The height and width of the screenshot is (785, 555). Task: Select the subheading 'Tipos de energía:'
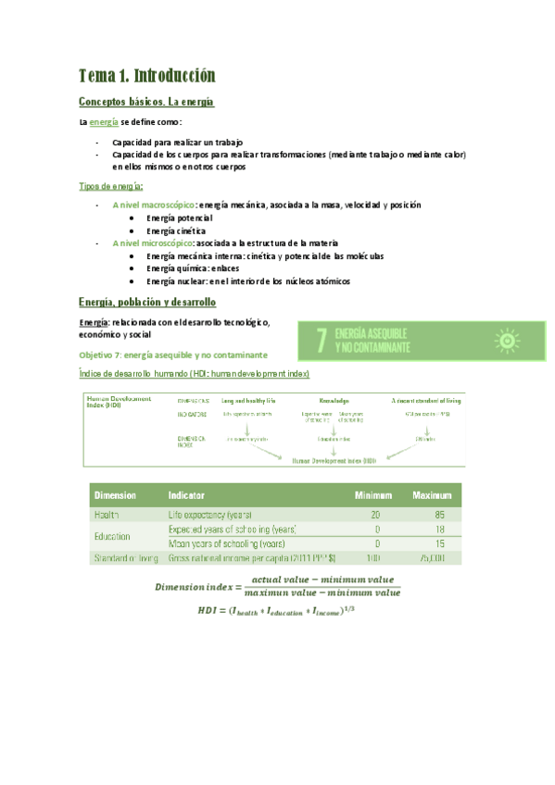tap(111, 186)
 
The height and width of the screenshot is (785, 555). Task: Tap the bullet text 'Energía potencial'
tap(179, 217)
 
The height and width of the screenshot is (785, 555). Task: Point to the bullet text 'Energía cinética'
tap(175, 230)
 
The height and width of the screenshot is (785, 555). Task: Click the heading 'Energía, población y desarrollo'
tap(147, 303)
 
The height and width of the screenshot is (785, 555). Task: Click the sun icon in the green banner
tap(506, 341)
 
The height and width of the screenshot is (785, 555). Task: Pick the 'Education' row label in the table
tap(113, 536)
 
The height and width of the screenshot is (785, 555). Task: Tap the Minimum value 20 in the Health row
tap(375, 514)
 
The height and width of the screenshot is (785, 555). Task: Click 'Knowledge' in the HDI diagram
tap(334, 400)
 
